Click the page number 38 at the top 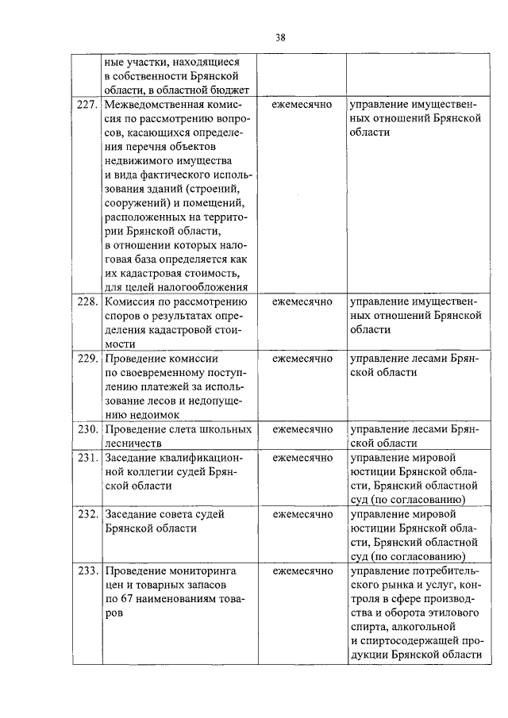(x=280, y=36)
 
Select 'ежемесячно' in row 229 (x=302, y=359)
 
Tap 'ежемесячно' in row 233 (x=302, y=570)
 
